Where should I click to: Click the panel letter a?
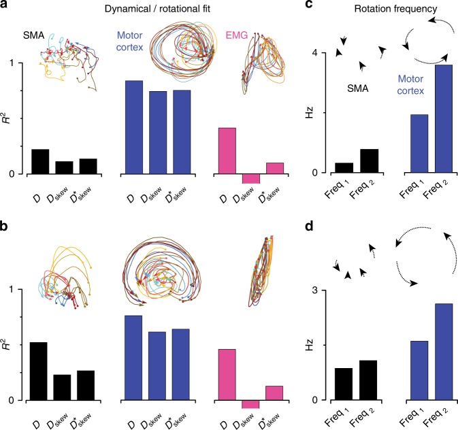click(x=6, y=6)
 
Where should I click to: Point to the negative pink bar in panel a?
click(x=250, y=178)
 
